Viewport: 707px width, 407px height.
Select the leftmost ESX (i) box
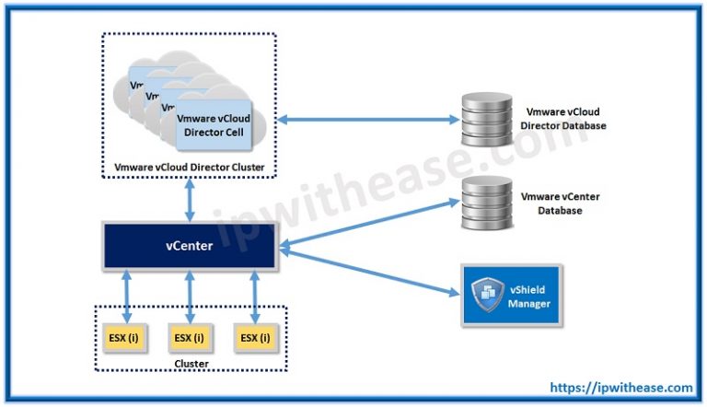point(125,338)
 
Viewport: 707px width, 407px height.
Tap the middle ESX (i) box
point(189,338)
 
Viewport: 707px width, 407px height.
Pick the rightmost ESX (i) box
point(254,338)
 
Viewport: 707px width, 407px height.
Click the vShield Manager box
point(510,292)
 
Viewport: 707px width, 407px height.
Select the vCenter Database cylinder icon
point(481,203)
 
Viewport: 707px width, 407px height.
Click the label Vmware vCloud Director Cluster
point(189,168)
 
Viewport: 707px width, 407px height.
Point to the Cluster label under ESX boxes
point(190,364)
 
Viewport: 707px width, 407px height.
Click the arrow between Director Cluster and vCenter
point(190,200)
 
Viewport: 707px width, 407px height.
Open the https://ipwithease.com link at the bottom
point(620,388)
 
